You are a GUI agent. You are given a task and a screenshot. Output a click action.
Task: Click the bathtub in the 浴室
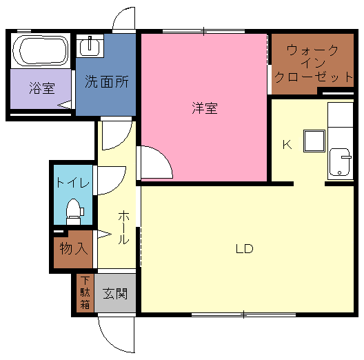pos(41,50)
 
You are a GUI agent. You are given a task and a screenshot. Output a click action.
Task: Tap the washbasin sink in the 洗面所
pos(90,46)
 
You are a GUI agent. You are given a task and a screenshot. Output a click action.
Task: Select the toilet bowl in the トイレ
pos(73,212)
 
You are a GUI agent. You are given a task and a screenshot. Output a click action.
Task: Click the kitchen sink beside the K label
pos(340,162)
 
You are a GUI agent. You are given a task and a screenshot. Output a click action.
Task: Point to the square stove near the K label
pos(314,141)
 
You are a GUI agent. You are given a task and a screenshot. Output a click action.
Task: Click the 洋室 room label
pos(205,108)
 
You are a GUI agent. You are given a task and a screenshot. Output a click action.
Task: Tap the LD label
pos(245,249)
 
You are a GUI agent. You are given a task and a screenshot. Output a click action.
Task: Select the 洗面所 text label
pos(107,81)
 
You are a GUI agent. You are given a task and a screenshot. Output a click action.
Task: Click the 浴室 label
pos(42,88)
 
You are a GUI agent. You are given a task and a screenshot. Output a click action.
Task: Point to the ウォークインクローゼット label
pos(314,63)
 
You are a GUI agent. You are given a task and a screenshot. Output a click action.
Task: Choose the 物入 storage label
pos(74,248)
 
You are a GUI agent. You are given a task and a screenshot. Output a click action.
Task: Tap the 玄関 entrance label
pos(115,293)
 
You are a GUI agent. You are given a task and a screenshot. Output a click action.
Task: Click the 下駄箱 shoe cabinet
pos(85,293)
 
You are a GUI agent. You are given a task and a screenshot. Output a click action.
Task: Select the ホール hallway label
pos(123,228)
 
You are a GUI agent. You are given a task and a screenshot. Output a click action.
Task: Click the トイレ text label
pos(73,183)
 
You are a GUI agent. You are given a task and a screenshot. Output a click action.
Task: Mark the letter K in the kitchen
pos(287,145)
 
